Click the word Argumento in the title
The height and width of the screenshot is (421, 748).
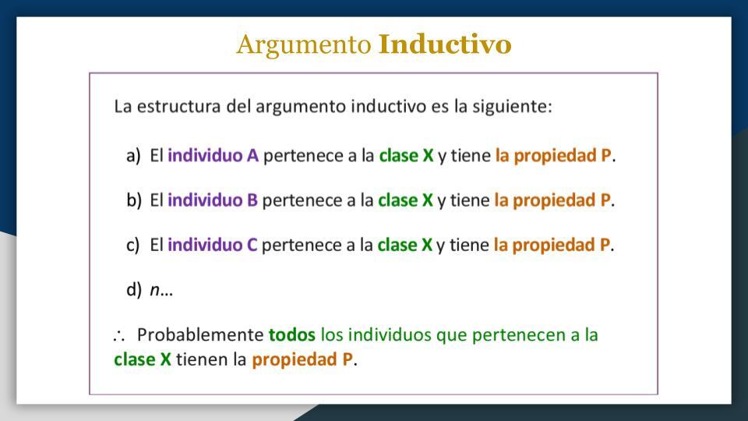click(x=303, y=45)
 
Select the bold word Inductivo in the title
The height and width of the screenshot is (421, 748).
click(x=445, y=44)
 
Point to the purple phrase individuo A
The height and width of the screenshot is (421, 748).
click(x=213, y=155)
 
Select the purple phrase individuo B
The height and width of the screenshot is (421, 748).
click(x=212, y=200)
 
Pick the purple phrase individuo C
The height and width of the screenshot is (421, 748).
click(x=212, y=245)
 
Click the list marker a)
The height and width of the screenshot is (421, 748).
click(x=133, y=156)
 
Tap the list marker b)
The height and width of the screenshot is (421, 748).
click(x=134, y=200)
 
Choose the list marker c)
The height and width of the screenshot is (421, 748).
click(x=133, y=245)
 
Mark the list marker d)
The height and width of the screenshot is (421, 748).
click(x=134, y=290)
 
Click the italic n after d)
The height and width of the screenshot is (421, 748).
click(x=154, y=290)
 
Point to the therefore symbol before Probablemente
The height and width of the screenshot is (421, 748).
click(x=118, y=335)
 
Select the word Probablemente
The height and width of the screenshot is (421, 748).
click(x=200, y=334)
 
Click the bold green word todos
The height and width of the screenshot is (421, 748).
click(x=291, y=334)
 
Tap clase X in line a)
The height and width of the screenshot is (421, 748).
click(x=407, y=155)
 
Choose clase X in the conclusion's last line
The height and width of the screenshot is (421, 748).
click(x=142, y=359)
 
